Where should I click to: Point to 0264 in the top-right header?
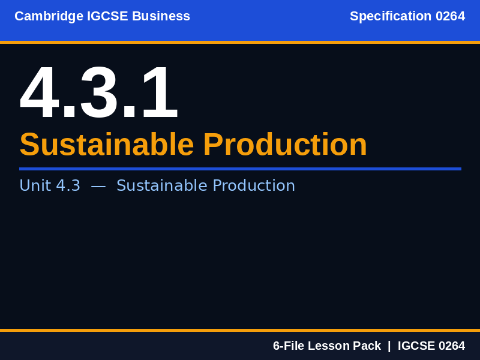[x=450, y=16]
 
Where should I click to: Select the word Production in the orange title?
[x=285, y=145]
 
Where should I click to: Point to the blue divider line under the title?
[x=240, y=169]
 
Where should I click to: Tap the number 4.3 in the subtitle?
[x=68, y=186]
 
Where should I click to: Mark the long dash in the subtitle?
[x=98, y=186]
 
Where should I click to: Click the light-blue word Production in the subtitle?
[x=254, y=186]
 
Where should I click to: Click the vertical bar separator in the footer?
[x=389, y=346]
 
